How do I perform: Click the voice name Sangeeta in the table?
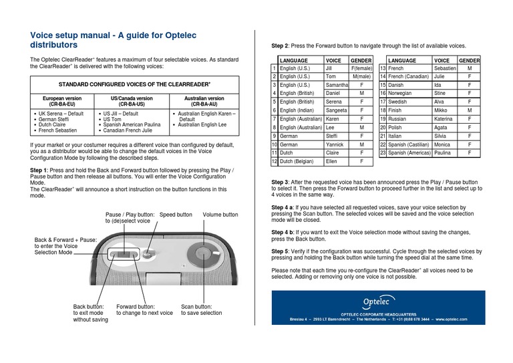click(x=336, y=110)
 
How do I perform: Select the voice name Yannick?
click(x=335, y=144)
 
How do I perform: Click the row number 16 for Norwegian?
click(x=383, y=94)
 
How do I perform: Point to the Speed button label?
click(x=176, y=215)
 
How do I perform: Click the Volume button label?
click(x=220, y=215)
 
